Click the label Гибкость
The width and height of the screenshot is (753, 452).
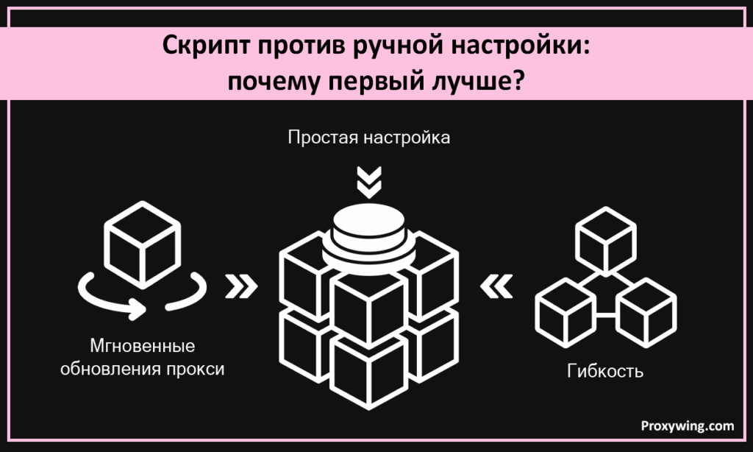point(605,370)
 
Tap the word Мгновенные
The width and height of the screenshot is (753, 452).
point(142,345)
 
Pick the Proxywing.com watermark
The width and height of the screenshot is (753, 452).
point(687,425)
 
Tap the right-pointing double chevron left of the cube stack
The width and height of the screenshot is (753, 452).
point(241,287)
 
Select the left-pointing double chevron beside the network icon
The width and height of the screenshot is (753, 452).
point(496,287)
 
